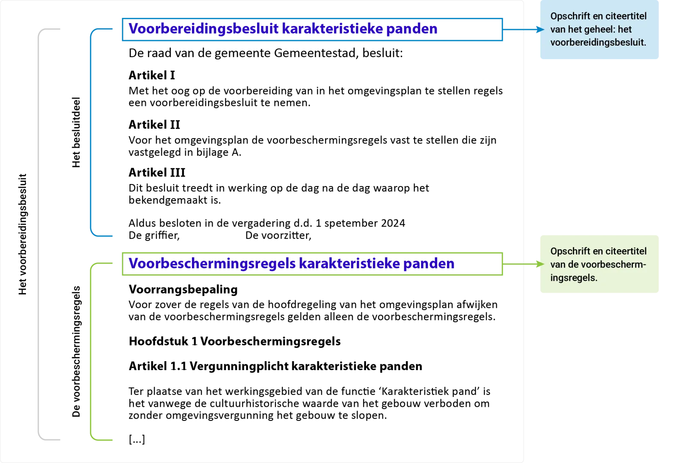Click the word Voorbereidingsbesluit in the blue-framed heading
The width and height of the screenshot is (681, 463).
[x=204, y=29]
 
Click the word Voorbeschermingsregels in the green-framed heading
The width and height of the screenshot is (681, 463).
[x=212, y=264]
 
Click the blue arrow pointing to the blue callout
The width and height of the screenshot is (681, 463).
[x=524, y=29]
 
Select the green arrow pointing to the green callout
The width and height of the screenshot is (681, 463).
[x=524, y=265]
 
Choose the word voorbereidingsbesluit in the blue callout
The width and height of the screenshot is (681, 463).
[x=597, y=43]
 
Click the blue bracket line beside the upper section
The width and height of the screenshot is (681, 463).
[x=91, y=132]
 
